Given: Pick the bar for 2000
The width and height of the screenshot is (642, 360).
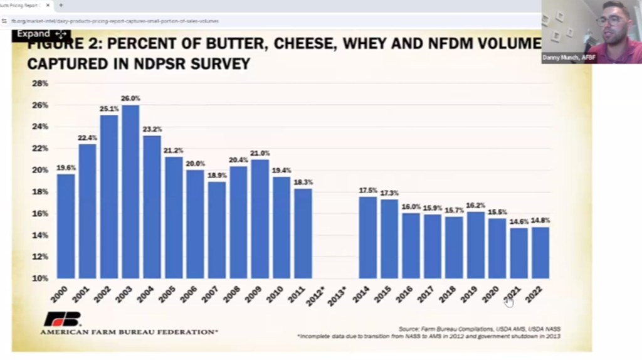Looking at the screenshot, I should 66,226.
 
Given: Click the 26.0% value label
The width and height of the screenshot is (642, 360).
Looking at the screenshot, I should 130,98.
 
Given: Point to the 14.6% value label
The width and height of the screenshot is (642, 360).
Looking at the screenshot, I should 518,221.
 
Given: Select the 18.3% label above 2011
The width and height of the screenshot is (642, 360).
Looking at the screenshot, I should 303,182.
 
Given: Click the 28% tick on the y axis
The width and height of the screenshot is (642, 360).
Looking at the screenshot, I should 39,83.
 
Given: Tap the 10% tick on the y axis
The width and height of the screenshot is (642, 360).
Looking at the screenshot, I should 39,278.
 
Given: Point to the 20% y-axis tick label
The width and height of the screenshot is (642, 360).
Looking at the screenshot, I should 39,170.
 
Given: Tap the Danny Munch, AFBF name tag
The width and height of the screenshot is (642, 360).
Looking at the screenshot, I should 569,58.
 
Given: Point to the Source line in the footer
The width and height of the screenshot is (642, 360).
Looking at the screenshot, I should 479,329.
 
